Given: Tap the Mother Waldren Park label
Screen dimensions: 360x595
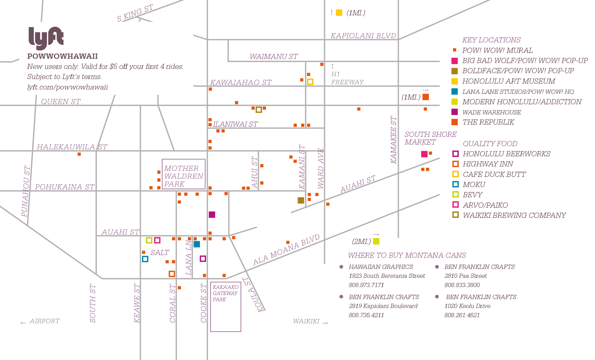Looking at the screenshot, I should click(184, 176).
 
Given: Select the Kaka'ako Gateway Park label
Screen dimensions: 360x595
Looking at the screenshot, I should click(225, 293).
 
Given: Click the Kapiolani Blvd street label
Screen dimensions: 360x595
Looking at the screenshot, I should click(363, 36).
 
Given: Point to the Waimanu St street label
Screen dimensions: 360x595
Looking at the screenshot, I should click(274, 57).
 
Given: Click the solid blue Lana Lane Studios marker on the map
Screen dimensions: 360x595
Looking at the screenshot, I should click(197, 244).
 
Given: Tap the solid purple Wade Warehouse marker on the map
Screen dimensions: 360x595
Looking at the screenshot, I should click(212, 214).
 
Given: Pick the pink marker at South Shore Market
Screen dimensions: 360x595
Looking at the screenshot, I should click(424, 154).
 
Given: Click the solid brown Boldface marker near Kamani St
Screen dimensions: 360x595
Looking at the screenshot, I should click(301, 200).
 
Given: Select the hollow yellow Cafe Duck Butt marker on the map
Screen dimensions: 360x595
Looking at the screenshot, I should click(310, 82).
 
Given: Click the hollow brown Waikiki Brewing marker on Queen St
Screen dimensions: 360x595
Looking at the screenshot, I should click(259, 110).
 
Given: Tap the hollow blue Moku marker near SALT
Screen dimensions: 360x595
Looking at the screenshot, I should click(145, 259).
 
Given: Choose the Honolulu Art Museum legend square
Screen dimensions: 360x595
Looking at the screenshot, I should click(454, 81).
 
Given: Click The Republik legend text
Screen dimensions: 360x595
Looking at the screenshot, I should click(488, 122).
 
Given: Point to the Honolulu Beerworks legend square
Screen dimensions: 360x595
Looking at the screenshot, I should click(455, 154).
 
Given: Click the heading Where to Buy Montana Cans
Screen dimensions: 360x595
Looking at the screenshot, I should click(407, 255).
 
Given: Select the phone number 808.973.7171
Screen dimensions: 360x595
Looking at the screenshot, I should click(366, 285).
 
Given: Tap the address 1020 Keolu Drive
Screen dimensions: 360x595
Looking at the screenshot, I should click(467, 306).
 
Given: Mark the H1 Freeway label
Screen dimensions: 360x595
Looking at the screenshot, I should click(347, 78).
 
